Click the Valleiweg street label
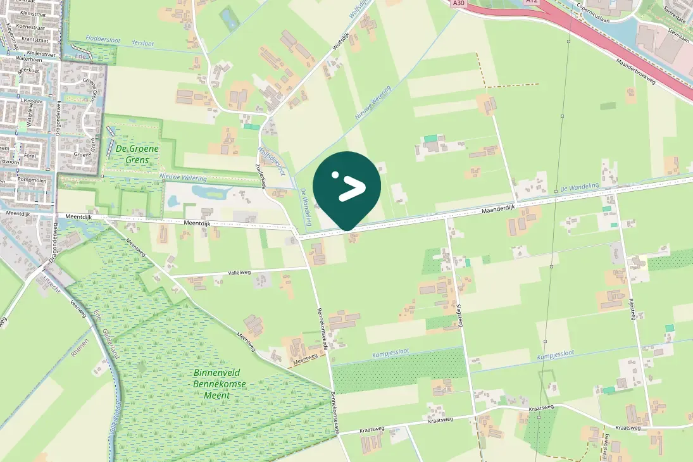tap(240, 273)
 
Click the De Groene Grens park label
tap(137, 154)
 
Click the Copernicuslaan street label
tap(598, 13)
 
